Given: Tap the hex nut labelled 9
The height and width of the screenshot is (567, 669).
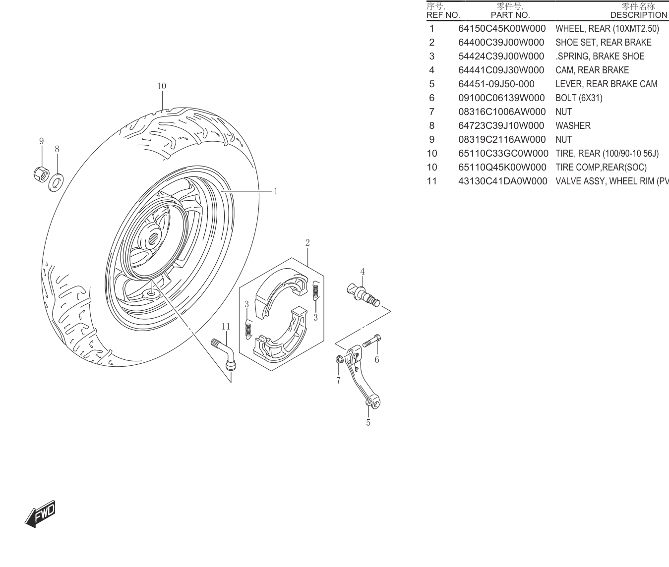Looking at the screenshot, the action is (x=41, y=174).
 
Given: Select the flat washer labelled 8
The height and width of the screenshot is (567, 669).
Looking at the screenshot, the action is (x=56, y=182).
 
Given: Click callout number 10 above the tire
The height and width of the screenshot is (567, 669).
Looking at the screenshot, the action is (x=162, y=86).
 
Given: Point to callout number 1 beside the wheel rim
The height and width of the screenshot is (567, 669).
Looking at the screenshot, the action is (x=276, y=191).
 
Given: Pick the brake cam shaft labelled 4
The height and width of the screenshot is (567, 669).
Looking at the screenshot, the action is (x=363, y=294).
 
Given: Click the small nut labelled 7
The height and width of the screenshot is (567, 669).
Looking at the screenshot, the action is (x=339, y=359).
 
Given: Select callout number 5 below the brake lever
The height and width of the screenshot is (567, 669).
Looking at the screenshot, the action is (x=368, y=423).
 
